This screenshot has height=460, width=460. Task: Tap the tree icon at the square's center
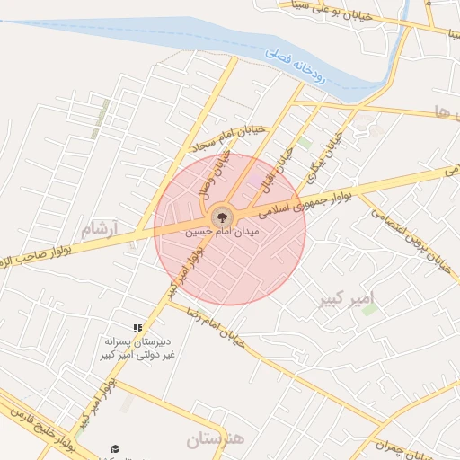[x=222, y=217]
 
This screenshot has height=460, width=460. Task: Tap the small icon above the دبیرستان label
[x=137, y=329]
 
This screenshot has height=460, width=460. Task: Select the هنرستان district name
[x=216, y=440]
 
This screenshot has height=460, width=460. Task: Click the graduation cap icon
[x=115, y=448]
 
